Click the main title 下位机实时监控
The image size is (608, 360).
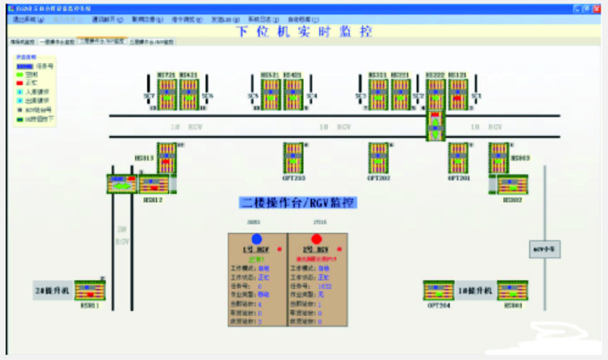(x=303, y=31)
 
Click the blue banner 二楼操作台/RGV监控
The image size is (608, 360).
(x=299, y=203)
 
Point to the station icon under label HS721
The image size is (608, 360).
(x=166, y=95)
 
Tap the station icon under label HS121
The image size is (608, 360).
(x=458, y=95)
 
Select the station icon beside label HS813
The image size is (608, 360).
(x=166, y=158)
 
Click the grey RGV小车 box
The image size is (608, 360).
(x=543, y=248)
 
